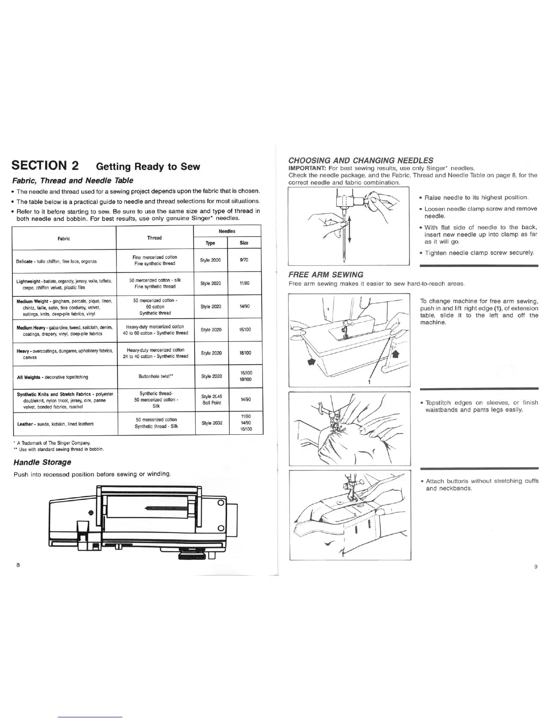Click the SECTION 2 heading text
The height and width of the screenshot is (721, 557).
click(46, 166)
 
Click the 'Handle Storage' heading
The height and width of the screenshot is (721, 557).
click(42, 462)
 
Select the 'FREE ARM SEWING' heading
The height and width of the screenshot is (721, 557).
click(326, 274)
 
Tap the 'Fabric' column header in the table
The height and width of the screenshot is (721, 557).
click(64, 239)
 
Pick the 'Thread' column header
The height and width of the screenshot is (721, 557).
click(155, 238)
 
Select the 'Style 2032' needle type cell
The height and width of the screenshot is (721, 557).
click(211, 423)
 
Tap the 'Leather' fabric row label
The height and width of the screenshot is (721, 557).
click(25, 424)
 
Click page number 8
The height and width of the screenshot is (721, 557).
click(18, 565)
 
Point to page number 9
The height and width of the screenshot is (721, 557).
click(536, 567)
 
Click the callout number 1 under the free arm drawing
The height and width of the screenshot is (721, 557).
click(369, 382)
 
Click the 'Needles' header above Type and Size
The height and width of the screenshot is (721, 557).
click(227, 232)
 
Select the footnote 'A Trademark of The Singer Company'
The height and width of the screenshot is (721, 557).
click(54, 443)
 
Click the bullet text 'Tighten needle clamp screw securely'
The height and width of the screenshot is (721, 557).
click(479, 253)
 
